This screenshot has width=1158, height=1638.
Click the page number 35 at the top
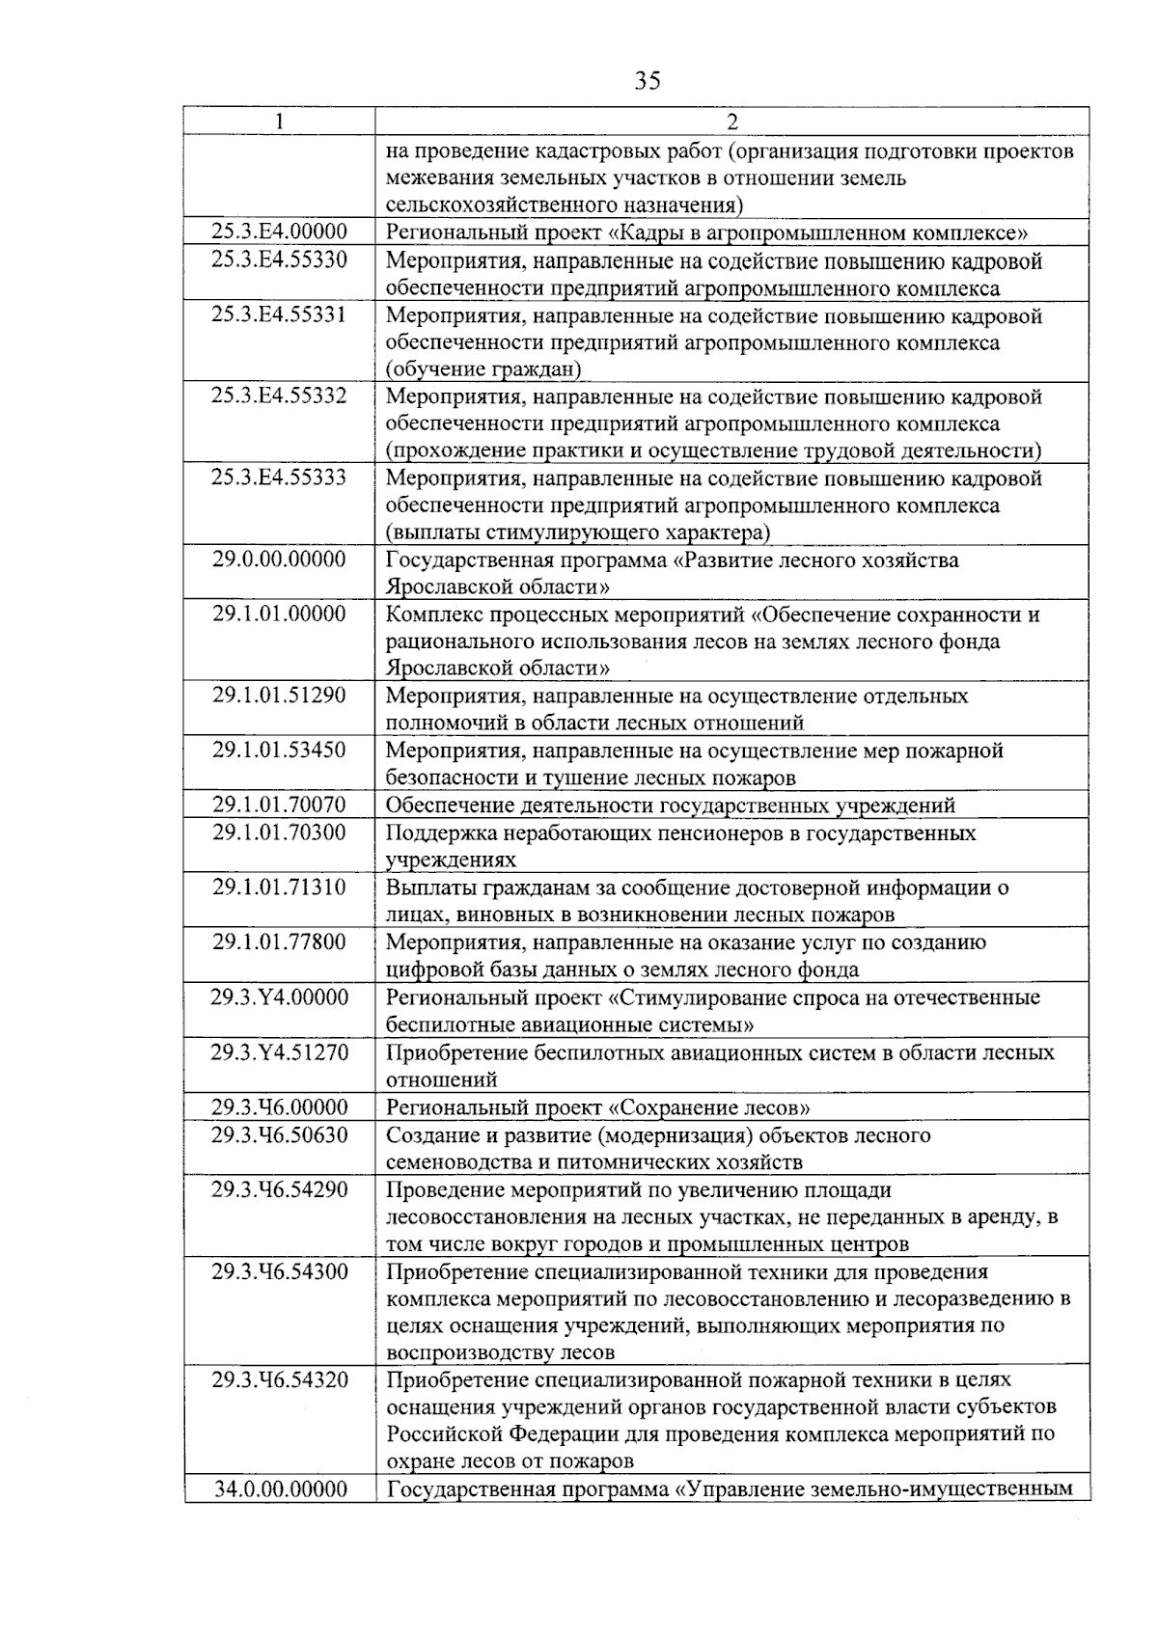pyautogui.click(x=648, y=81)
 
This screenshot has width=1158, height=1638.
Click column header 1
pyautogui.click(x=280, y=122)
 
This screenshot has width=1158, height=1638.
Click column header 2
pyautogui.click(x=731, y=122)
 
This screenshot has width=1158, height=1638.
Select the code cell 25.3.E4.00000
pyautogui.click(x=280, y=232)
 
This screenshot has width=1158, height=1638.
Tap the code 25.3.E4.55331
pyautogui.click(x=280, y=314)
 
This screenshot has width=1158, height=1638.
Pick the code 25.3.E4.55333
pyautogui.click(x=280, y=478)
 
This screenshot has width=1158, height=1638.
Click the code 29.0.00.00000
pyautogui.click(x=280, y=560)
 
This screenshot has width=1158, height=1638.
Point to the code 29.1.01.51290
pyautogui.click(x=280, y=695)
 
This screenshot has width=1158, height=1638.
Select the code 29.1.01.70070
pyautogui.click(x=280, y=805)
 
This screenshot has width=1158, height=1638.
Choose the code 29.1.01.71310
pyautogui.click(x=280, y=887)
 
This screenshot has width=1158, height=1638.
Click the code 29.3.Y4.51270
pyautogui.click(x=280, y=1051)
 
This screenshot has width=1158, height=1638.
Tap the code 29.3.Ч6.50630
pyautogui.click(x=280, y=1134)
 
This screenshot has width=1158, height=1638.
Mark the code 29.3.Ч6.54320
pyautogui.click(x=280, y=1379)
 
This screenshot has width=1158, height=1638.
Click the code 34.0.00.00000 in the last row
pyautogui.click(x=280, y=1489)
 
